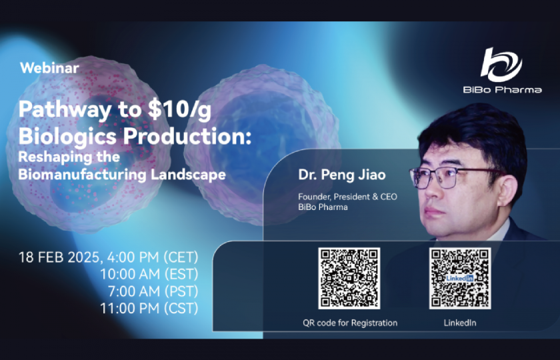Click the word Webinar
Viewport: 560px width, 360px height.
(49, 67)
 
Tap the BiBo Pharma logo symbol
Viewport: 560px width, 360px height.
(501, 64)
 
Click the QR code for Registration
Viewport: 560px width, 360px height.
(349, 278)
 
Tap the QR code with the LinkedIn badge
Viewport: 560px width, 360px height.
(460, 278)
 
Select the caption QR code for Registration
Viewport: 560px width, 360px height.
(349, 323)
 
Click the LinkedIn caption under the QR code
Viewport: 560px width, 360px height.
(460, 323)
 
